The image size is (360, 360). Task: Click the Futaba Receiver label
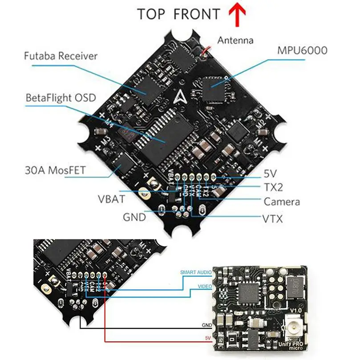coord(61,56)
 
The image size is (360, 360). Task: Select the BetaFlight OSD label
coord(61,97)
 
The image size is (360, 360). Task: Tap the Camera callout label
coord(282,202)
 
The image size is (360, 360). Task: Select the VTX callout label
coord(272,219)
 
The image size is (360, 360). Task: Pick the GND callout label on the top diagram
coord(134,217)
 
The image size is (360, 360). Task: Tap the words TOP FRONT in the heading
coord(178,14)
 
